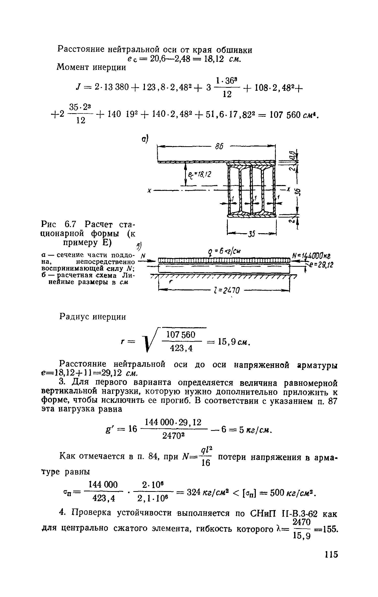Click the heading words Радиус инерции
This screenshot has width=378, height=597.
[93, 317]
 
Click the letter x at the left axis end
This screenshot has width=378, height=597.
[149, 191]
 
